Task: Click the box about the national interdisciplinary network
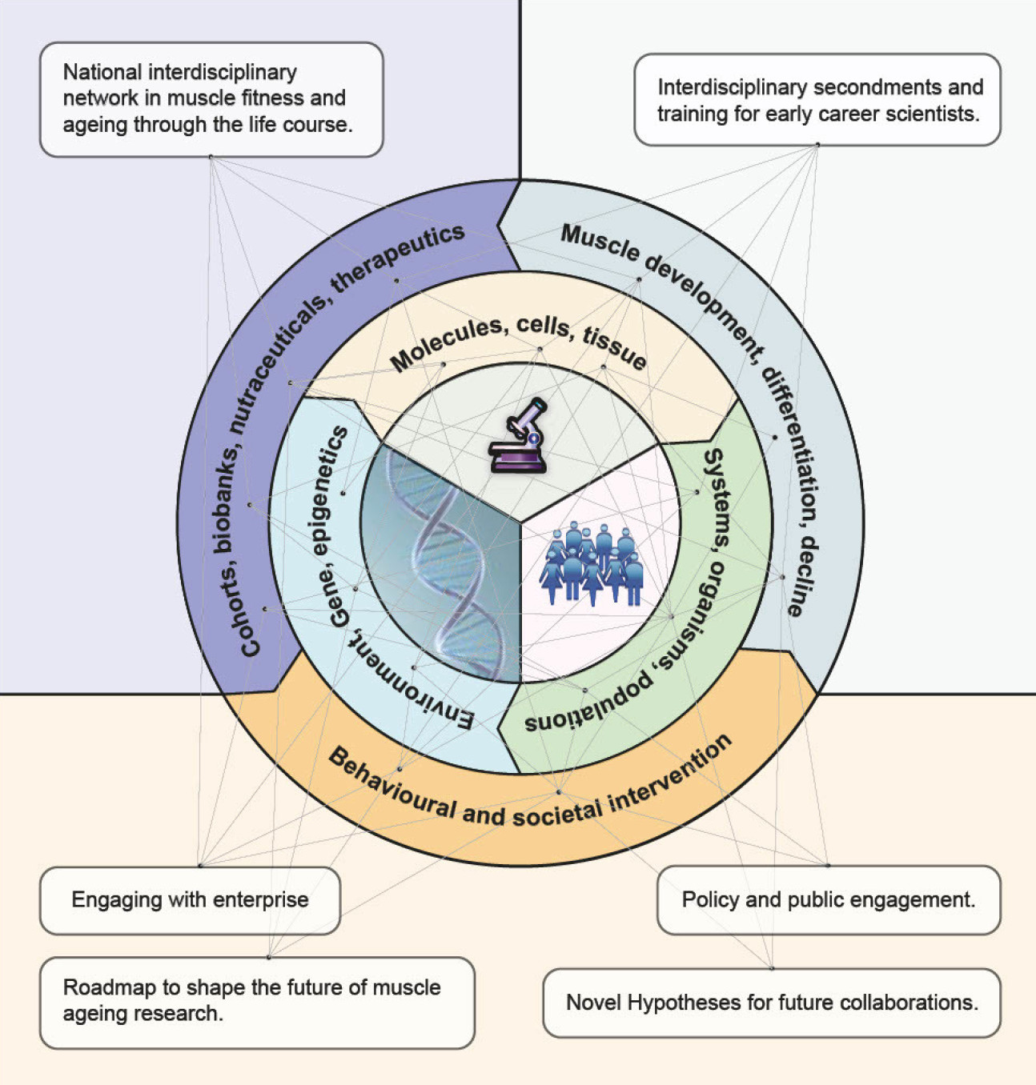(211, 99)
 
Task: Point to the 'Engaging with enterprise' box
(190, 900)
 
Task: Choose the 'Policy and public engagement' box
(829, 900)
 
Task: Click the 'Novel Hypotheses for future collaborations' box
(772, 1003)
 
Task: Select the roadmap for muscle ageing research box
(257, 1002)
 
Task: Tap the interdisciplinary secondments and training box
(817, 100)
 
